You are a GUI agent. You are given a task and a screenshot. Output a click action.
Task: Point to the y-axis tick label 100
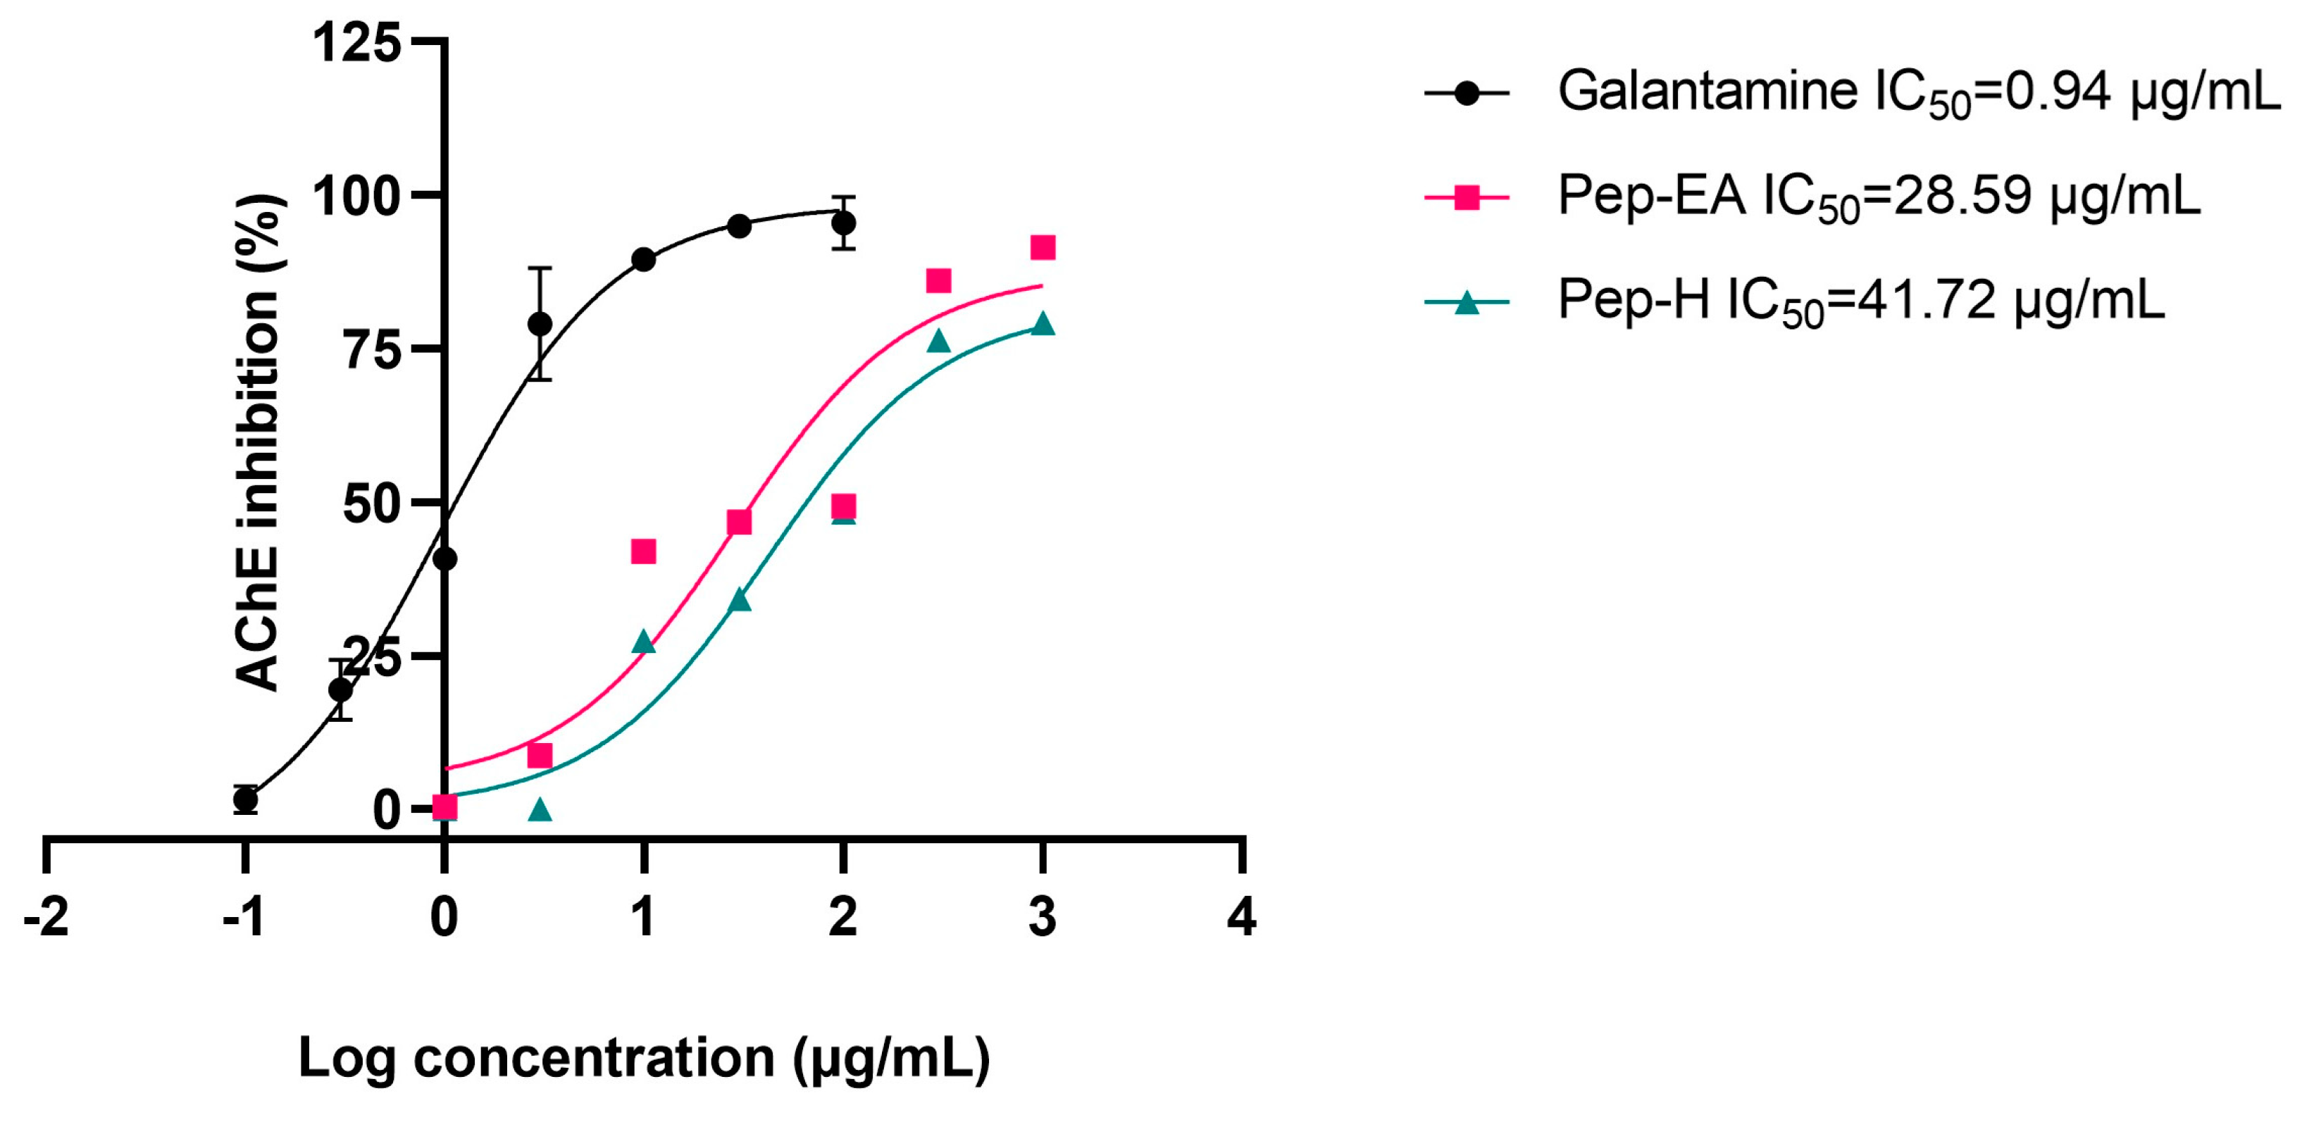(x=356, y=197)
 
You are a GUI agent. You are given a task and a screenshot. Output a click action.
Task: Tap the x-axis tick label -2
(x=46, y=918)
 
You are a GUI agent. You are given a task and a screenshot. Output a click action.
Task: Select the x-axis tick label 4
(x=1241, y=918)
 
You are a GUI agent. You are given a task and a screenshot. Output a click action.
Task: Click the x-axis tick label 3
(x=1042, y=918)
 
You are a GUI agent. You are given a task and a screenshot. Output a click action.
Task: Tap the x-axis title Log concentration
(x=643, y=1058)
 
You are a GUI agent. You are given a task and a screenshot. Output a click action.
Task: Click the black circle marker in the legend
(x=1467, y=93)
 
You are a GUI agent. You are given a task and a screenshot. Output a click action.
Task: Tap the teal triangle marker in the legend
(x=1467, y=304)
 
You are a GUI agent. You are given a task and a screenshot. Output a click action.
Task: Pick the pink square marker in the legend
(x=1467, y=197)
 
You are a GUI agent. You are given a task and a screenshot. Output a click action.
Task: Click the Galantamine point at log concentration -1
(x=246, y=799)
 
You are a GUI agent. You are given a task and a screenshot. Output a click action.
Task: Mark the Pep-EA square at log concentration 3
(x=1042, y=247)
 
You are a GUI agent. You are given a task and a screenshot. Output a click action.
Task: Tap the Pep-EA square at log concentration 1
(x=643, y=551)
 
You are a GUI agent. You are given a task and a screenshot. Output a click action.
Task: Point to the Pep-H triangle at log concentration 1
(x=643, y=642)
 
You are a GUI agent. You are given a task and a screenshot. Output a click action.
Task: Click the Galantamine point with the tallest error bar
(x=540, y=323)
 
